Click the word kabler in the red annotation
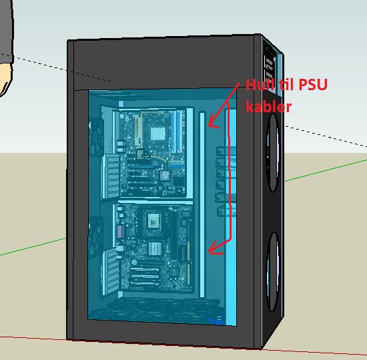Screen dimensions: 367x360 (269, 106)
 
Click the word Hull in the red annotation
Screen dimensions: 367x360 (260, 85)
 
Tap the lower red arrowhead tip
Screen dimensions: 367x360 (208, 252)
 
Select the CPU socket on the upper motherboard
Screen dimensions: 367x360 (157, 133)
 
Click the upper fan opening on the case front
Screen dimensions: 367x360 (274, 152)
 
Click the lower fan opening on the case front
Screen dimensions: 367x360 (273, 271)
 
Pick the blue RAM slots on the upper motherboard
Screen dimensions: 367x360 (177, 132)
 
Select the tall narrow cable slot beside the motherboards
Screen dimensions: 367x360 (202, 204)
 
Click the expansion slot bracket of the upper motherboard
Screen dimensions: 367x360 (111, 176)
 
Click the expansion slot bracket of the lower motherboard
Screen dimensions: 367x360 (110, 272)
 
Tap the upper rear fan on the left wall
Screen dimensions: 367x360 (96, 136)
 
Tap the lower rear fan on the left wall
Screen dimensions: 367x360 (95, 236)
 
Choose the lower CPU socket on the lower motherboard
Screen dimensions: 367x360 (155, 248)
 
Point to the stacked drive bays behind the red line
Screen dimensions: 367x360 (226, 181)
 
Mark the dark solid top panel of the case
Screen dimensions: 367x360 (164, 63)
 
